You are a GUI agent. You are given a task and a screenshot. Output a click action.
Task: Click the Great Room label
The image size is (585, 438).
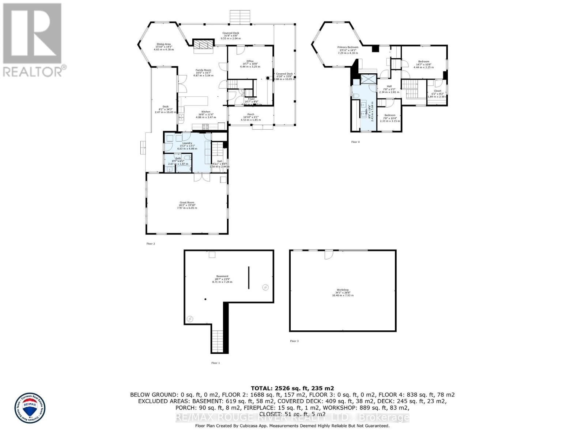tap(187, 203)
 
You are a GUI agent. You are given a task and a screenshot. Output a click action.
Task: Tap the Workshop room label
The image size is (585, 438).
tap(343, 290)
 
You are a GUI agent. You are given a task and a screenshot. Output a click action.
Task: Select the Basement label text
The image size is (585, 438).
tap(222, 276)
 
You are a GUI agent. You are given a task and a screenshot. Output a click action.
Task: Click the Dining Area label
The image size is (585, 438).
tap(163, 44)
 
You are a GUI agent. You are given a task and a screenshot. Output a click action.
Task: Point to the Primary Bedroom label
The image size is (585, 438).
tap(348, 47)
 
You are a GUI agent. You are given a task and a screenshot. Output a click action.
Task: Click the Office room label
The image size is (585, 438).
tap(250, 61)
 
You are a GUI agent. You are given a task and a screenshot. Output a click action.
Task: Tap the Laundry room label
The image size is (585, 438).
tap(187, 143)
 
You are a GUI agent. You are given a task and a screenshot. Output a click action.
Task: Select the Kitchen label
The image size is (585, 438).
tap(206, 112)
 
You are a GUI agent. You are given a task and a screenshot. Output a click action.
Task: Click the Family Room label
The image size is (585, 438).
tap(203, 70)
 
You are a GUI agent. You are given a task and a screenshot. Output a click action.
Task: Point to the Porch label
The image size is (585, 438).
tap(250, 114)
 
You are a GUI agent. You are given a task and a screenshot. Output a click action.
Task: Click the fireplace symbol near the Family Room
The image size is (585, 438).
tap(203, 44)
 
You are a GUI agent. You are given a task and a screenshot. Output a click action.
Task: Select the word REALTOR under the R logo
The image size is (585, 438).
tap(33, 71)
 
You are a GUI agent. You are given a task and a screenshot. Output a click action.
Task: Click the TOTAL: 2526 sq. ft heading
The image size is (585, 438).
tap(292, 388)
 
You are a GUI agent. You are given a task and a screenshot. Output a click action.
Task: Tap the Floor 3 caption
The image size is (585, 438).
tap(294, 341)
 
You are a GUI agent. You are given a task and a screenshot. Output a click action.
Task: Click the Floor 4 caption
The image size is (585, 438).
tap(355, 142)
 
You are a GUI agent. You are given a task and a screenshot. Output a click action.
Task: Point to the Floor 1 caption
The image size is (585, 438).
tap(216, 363)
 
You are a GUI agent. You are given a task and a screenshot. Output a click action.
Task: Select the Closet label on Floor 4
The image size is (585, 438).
tap(437, 91)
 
